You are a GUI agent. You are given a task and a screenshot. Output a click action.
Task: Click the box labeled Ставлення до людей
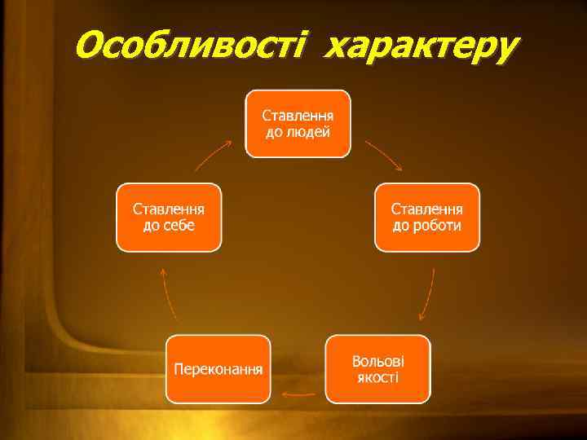(298, 123)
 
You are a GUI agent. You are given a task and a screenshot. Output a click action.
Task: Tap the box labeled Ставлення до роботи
(427, 218)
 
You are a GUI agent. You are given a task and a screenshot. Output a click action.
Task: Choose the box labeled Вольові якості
(377, 369)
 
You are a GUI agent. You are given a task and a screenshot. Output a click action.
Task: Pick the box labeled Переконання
(218, 369)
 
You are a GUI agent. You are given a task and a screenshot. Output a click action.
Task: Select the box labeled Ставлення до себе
(169, 218)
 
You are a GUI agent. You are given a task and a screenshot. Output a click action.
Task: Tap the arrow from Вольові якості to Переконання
(298, 394)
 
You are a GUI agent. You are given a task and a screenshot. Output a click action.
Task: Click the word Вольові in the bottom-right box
(377, 361)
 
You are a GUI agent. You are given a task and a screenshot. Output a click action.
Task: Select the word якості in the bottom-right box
(377, 377)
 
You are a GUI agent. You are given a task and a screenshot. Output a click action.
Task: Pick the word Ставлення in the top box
(298, 115)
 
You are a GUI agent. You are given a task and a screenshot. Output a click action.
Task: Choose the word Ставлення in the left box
(169, 209)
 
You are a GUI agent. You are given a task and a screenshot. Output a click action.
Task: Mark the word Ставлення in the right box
(427, 209)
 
